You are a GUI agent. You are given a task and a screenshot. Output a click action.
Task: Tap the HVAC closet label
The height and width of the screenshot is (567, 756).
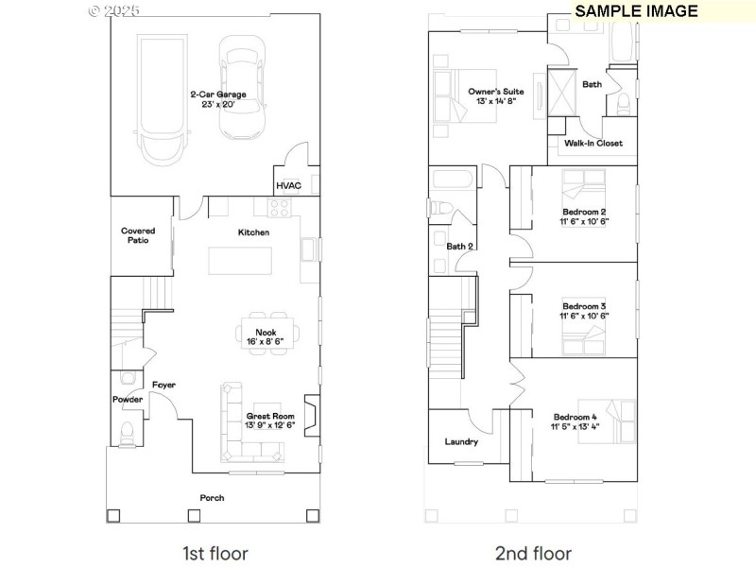point(288,185)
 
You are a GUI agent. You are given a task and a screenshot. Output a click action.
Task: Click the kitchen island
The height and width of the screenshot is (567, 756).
point(237,258)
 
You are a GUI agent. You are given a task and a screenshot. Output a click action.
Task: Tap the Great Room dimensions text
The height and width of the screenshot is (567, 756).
point(270,426)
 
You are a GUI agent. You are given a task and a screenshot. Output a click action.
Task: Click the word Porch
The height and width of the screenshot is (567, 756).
point(212,498)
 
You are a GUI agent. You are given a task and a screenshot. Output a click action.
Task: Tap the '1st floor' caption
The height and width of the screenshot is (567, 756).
point(215,553)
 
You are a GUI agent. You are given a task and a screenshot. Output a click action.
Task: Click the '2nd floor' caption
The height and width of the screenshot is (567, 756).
point(532,553)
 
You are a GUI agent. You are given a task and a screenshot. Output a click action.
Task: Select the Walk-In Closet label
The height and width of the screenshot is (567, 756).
point(593,144)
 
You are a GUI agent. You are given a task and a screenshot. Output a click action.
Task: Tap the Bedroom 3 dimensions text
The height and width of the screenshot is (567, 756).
point(585,316)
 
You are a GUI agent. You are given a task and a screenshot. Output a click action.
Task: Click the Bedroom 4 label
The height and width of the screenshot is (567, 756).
point(575,417)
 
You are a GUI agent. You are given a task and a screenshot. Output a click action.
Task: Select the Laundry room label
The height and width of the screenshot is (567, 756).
point(461,441)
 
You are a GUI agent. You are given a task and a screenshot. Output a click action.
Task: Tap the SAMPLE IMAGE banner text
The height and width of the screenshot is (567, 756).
point(636,11)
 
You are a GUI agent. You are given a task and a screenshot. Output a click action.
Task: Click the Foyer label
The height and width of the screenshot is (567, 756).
point(163,385)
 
